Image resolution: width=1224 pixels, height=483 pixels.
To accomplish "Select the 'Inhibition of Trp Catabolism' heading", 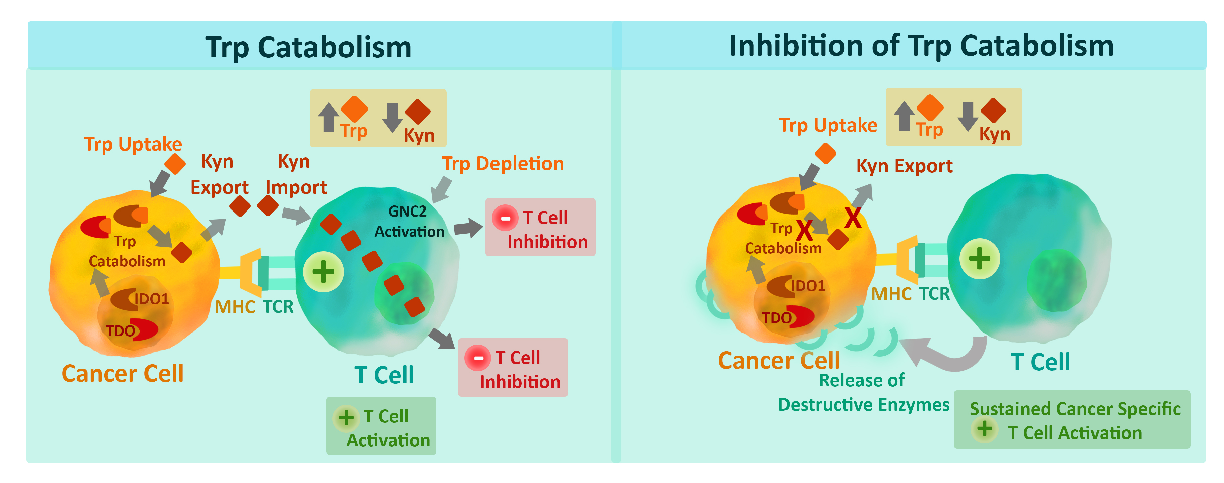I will click(921, 46).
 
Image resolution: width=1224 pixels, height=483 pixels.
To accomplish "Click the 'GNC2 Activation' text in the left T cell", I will click(409, 221).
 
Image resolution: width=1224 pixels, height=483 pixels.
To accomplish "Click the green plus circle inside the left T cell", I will click(323, 271).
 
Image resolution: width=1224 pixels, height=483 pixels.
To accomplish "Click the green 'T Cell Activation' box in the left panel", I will click(381, 426).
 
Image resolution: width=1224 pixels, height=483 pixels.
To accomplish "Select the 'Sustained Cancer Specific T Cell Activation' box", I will click(1072, 420).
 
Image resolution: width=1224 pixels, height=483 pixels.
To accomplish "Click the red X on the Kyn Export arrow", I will click(853, 219).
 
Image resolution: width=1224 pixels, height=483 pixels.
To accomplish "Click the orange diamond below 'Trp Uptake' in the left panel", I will click(175, 164).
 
